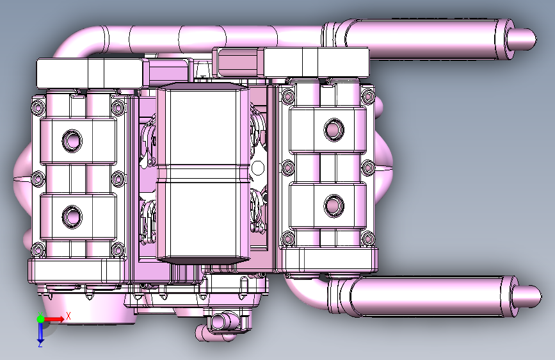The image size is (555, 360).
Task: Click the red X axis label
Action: [x=68, y=316]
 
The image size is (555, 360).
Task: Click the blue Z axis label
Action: [x=40, y=344]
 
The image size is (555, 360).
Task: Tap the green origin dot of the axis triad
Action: [x=40, y=319]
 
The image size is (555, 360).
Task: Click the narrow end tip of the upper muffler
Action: [x=536, y=39]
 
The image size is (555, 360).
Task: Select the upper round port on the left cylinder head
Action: [x=72, y=141]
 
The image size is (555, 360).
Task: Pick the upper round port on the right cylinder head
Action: [x=334, y=129]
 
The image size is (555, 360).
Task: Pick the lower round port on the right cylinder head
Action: [x=334, y=205]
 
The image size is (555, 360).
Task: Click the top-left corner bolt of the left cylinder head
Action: [x=38, y=107]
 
